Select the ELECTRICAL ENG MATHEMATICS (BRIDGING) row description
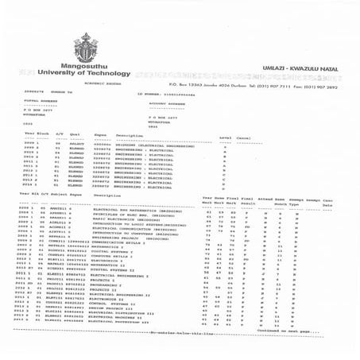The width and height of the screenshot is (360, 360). pos(149,212)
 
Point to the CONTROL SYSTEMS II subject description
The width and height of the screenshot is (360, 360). pos(126,303)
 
